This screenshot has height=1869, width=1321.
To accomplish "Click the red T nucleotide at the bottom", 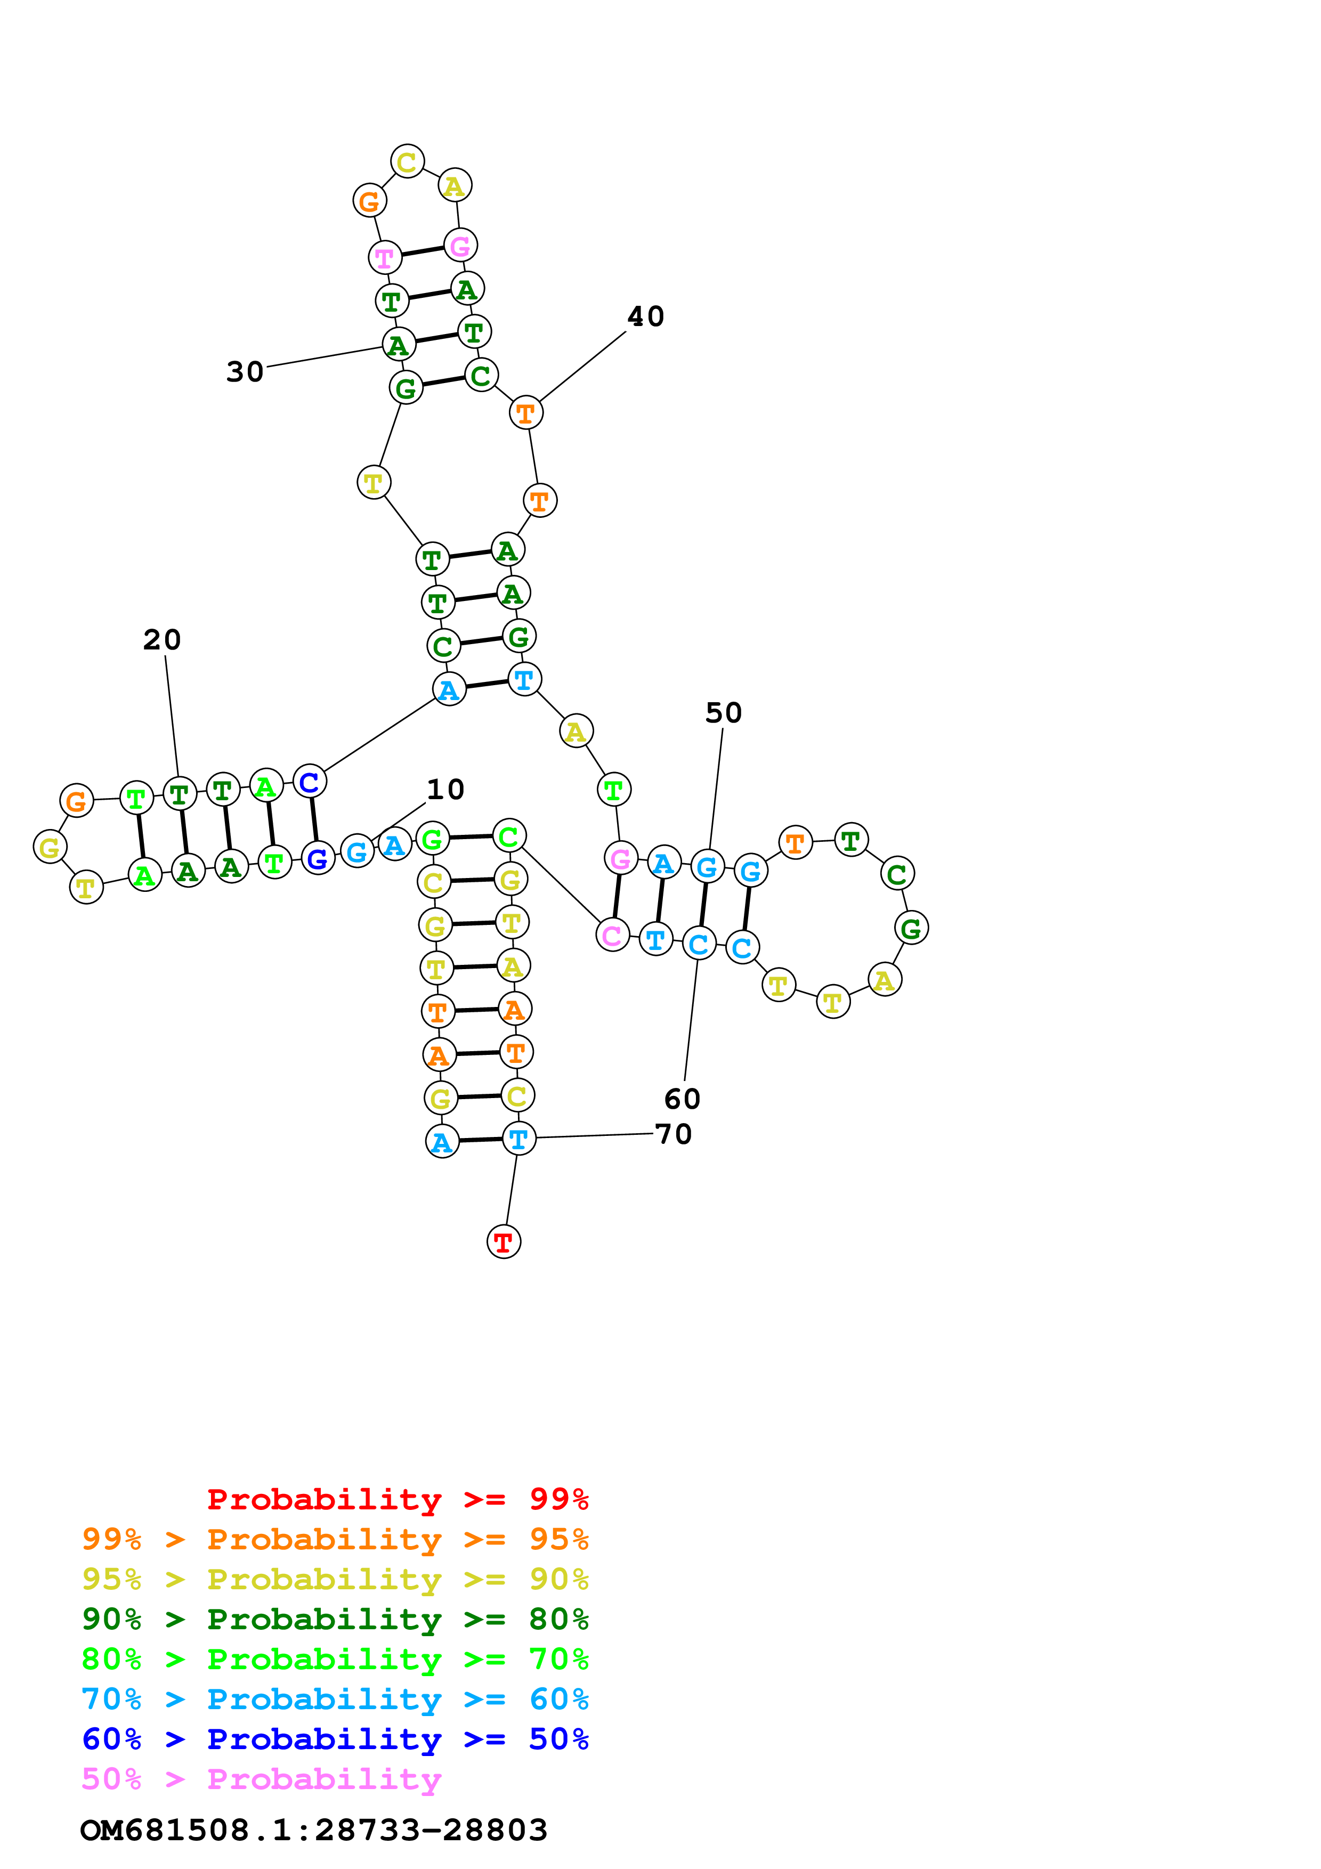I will click(503, 1242).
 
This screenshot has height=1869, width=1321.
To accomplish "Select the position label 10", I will click(445, 789).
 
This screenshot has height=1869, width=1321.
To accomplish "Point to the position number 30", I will click(245, 372).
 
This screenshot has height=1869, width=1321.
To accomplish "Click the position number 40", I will click(645, 316).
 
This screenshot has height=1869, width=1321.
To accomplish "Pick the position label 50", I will click(724, 712).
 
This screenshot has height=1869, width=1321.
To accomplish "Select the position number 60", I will click(682, 1099).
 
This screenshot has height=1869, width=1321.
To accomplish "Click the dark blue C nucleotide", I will click(309, 782).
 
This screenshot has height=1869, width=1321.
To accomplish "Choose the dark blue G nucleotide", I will click(318, 858).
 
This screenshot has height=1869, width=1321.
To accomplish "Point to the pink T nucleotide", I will click(384, 258).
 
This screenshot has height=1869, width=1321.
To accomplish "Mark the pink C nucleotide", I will click(612, 936).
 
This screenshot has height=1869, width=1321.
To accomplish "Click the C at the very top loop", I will click(407, 161).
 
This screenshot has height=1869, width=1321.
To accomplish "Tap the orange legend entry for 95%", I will click(335, 1539).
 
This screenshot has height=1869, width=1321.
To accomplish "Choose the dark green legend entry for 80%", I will click(335, 1619).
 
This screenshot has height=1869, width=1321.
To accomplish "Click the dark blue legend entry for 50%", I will click(335, 1739).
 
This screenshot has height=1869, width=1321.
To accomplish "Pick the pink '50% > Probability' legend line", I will click(261, 1778).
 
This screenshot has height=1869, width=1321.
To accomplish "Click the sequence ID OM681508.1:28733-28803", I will click(314, 1830).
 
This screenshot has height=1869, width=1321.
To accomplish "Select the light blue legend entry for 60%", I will click(335, 1699).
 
